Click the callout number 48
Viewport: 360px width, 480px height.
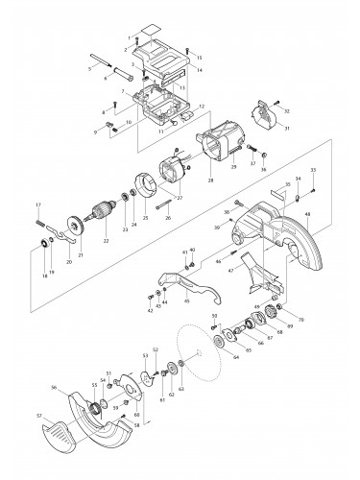(x=307, y=213)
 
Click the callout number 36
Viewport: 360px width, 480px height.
(x=264, y=170)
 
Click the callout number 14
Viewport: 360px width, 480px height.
(x=199, y=70)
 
